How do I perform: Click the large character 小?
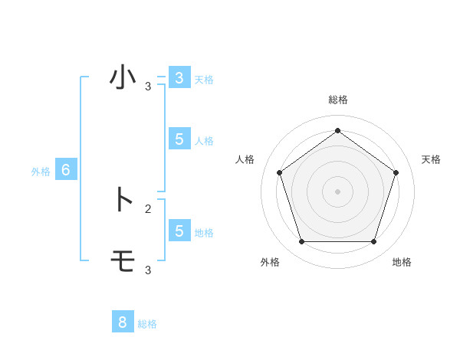pyautogui.click(x=123, y=77)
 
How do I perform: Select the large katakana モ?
pyautogui.click(x=123, y=261)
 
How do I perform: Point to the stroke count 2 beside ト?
pyautogui.click(x=148, y=208)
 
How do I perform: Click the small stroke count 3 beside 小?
pyautogui.click(x=148, y=87)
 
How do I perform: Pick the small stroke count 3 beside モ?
pyautogui.click(x=148, y=270)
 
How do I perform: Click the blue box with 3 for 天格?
pyautogui.click(x=179, y=78)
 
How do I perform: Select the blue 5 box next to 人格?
pyautogui.click(x=179, y=139)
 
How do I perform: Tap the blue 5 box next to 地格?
pyautogui.click(x=179, y=231)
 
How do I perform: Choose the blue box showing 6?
pyautogui.click(x=66, y=170)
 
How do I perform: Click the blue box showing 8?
pyautogui.click(x=122, y=322)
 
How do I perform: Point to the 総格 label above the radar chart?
pyautogui.click(x=337, y=100)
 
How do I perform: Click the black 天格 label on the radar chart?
pyautogui.click(x=431, y=159)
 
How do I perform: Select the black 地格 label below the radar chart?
pyautogui.click(x=402, y=262)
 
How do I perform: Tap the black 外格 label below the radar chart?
pyautogui.click(x=270, y=262)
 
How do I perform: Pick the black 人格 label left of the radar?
pyautogui.click(x=245, y=159)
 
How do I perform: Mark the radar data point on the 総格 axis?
pyautogui.click(x=337, y=130)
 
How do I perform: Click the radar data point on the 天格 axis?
pyautogui.click(x=396, y=172)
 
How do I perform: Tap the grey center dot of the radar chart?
pyautogui.click(x=337, y=191)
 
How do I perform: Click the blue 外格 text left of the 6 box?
pyautogui.click(x=41, y=172)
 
